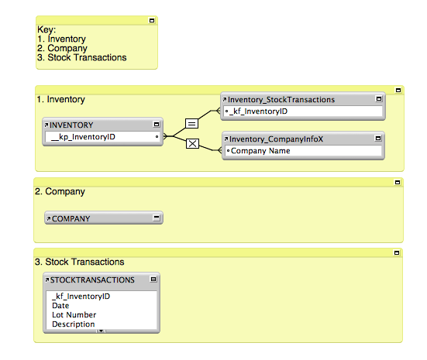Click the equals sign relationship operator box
(191, 124)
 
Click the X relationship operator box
(192, 143)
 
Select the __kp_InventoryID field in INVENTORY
(83, 136)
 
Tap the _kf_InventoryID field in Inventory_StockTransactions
(258, 111)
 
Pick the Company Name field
(260, 151)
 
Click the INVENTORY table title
(71, 125)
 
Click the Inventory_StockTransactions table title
(281, 100)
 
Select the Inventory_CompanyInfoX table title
(276, 139)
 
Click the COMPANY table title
(71, 219)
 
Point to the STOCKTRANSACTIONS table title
(92, 280)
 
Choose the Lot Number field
(74, 315)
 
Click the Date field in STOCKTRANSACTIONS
(60, 306)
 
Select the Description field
(74, 324)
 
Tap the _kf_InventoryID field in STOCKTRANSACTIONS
(81, 297)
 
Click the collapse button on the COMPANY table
(157, 218)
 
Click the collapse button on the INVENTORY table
(157, 125)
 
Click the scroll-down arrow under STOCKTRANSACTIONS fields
(101, 331)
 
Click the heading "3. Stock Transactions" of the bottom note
(80, 262)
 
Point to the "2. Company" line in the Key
(62, 48)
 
